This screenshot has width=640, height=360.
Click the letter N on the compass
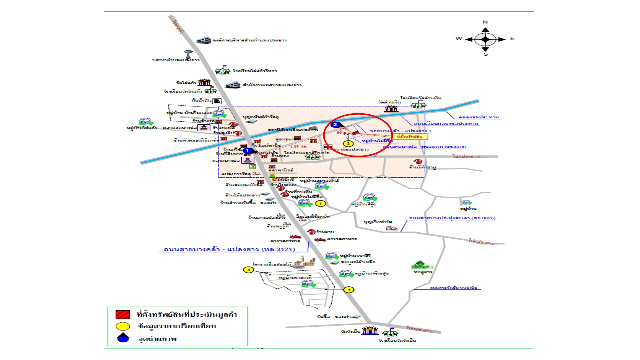click(x=485, y=22)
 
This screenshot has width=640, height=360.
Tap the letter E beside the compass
click(x=512, y=39)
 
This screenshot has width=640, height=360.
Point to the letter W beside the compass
click(x=459, y=39)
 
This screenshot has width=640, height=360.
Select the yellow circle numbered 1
click(x=321, y=203)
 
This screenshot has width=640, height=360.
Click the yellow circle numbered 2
click(x=348, y=144)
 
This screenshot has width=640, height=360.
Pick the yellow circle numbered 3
click(x=349, y=290)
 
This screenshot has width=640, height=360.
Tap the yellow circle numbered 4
click(x=248, y=270)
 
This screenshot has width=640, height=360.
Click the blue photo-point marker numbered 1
click(x=247, y=151)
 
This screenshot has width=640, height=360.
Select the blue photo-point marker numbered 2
click(x=335, y=125)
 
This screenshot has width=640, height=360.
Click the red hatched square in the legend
click(x=122, y=314)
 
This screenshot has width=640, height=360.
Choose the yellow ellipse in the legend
click(x=122, y=326)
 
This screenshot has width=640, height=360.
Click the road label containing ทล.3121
click(x=229, y=249)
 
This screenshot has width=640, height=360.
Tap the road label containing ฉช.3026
click(x=452, y=218)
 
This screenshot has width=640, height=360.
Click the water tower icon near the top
click(x=188, y=54)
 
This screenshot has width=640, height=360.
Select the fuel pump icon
click(x=217, y=101)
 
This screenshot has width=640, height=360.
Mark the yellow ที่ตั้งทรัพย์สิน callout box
click(x=410, y=136)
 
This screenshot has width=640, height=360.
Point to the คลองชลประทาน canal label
click(x=478, y=117)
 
